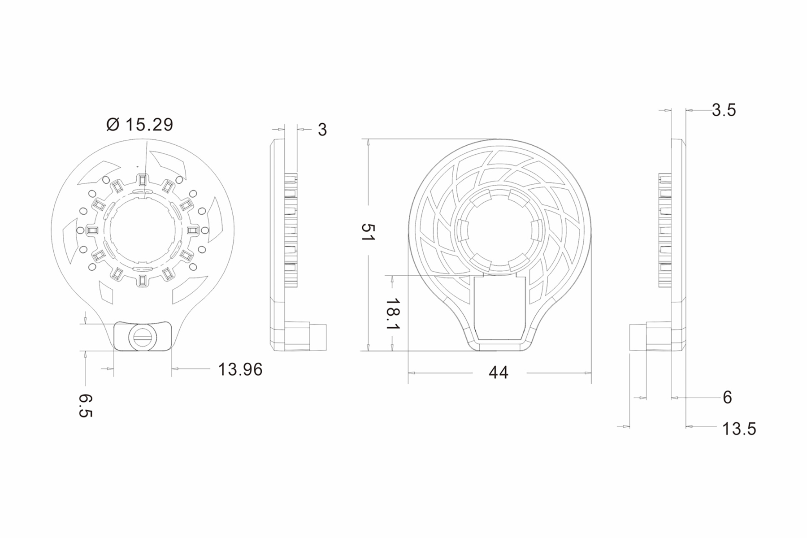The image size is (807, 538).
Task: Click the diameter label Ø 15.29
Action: pyautogui.click(x=139, y=124)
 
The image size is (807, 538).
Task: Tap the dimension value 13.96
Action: pyautogui.click(x=240, y=369)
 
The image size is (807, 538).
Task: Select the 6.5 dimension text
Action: pyautogui.click(x=86, y=406)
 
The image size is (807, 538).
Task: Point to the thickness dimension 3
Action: pyautogui.click(x=322, y=130)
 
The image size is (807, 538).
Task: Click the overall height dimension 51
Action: pyautogui.click(x=368, y=232)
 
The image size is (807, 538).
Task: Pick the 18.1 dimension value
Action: pyautogui.click(x=393, y=313)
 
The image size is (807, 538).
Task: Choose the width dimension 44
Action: pyautogui.click(x=499, y=373)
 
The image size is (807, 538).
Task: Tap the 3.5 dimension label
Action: pyautogui.click(x=724, y=110)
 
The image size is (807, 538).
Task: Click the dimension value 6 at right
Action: pyautogui.click(x=727, y=397)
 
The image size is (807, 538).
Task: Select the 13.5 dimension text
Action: pyautogui.click(x=739, y=429)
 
